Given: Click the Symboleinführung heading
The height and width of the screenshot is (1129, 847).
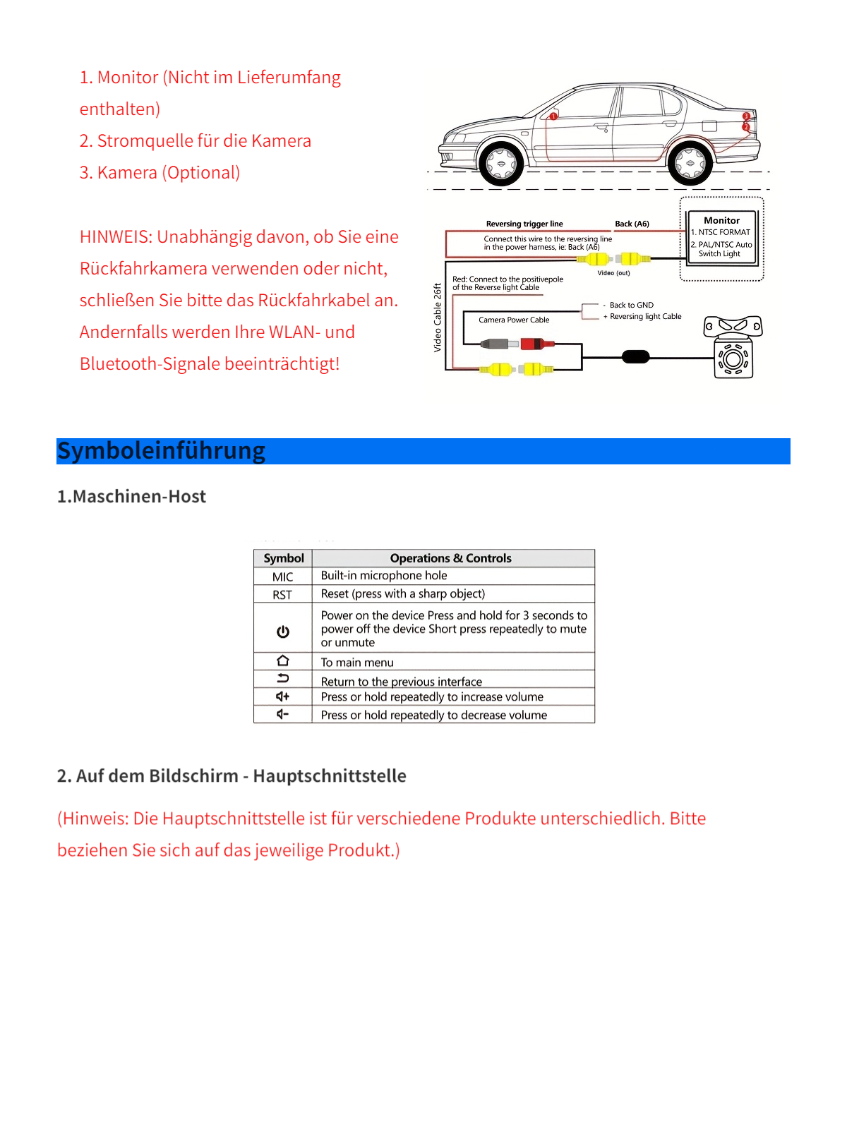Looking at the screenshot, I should (162, 451).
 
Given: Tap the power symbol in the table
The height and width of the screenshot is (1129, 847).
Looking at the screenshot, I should (283, 632).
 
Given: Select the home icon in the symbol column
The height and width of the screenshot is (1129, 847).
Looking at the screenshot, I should (283, 661).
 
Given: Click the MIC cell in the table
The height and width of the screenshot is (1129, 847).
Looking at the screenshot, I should (283, 576).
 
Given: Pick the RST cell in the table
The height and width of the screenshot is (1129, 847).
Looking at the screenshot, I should (282, 595).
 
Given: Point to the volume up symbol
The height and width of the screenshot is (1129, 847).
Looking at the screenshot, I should (283, 696).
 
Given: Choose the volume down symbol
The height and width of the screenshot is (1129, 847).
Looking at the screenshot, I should (283, 714).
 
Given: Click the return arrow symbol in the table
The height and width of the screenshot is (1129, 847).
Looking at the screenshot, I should (283, 679).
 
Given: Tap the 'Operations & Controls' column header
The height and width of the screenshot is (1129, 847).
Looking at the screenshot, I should (450, 558).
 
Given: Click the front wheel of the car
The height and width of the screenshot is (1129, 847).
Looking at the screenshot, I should (501, 164).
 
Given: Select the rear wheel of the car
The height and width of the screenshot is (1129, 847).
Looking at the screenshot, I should (690, 164).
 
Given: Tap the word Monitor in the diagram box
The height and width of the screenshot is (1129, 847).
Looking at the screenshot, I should (721, 220).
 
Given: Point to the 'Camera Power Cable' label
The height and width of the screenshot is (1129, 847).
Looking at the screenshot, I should (514, 320).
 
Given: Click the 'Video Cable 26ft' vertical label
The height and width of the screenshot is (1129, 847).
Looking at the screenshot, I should (438, 318).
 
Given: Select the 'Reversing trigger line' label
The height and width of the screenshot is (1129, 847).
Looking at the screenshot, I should (524, 224).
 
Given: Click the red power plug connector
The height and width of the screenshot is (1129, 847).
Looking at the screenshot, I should (536, 344).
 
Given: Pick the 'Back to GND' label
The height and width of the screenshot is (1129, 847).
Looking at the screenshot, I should (631, 305).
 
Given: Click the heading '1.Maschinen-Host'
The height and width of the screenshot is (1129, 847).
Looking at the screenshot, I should (132, 497).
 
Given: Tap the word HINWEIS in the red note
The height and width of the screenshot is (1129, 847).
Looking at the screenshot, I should (114, 237).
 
